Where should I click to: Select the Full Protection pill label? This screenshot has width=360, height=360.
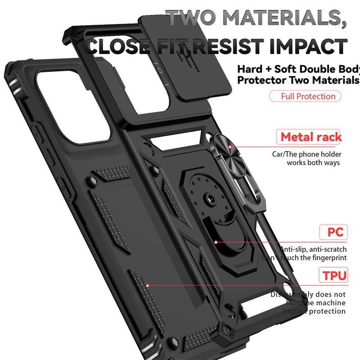(305, 96)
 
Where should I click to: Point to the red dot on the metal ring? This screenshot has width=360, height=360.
(229, 146)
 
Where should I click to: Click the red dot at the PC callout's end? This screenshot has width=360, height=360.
(216, 242)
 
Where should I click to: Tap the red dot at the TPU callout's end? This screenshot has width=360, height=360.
(148, 285)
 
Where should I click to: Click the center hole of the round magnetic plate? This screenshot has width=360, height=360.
(209, 197)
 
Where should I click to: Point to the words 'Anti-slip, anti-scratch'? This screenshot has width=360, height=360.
(314, 249)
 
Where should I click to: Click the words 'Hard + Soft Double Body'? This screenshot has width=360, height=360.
(298, 69)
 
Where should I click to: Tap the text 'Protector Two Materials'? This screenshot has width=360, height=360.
(298, 81)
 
